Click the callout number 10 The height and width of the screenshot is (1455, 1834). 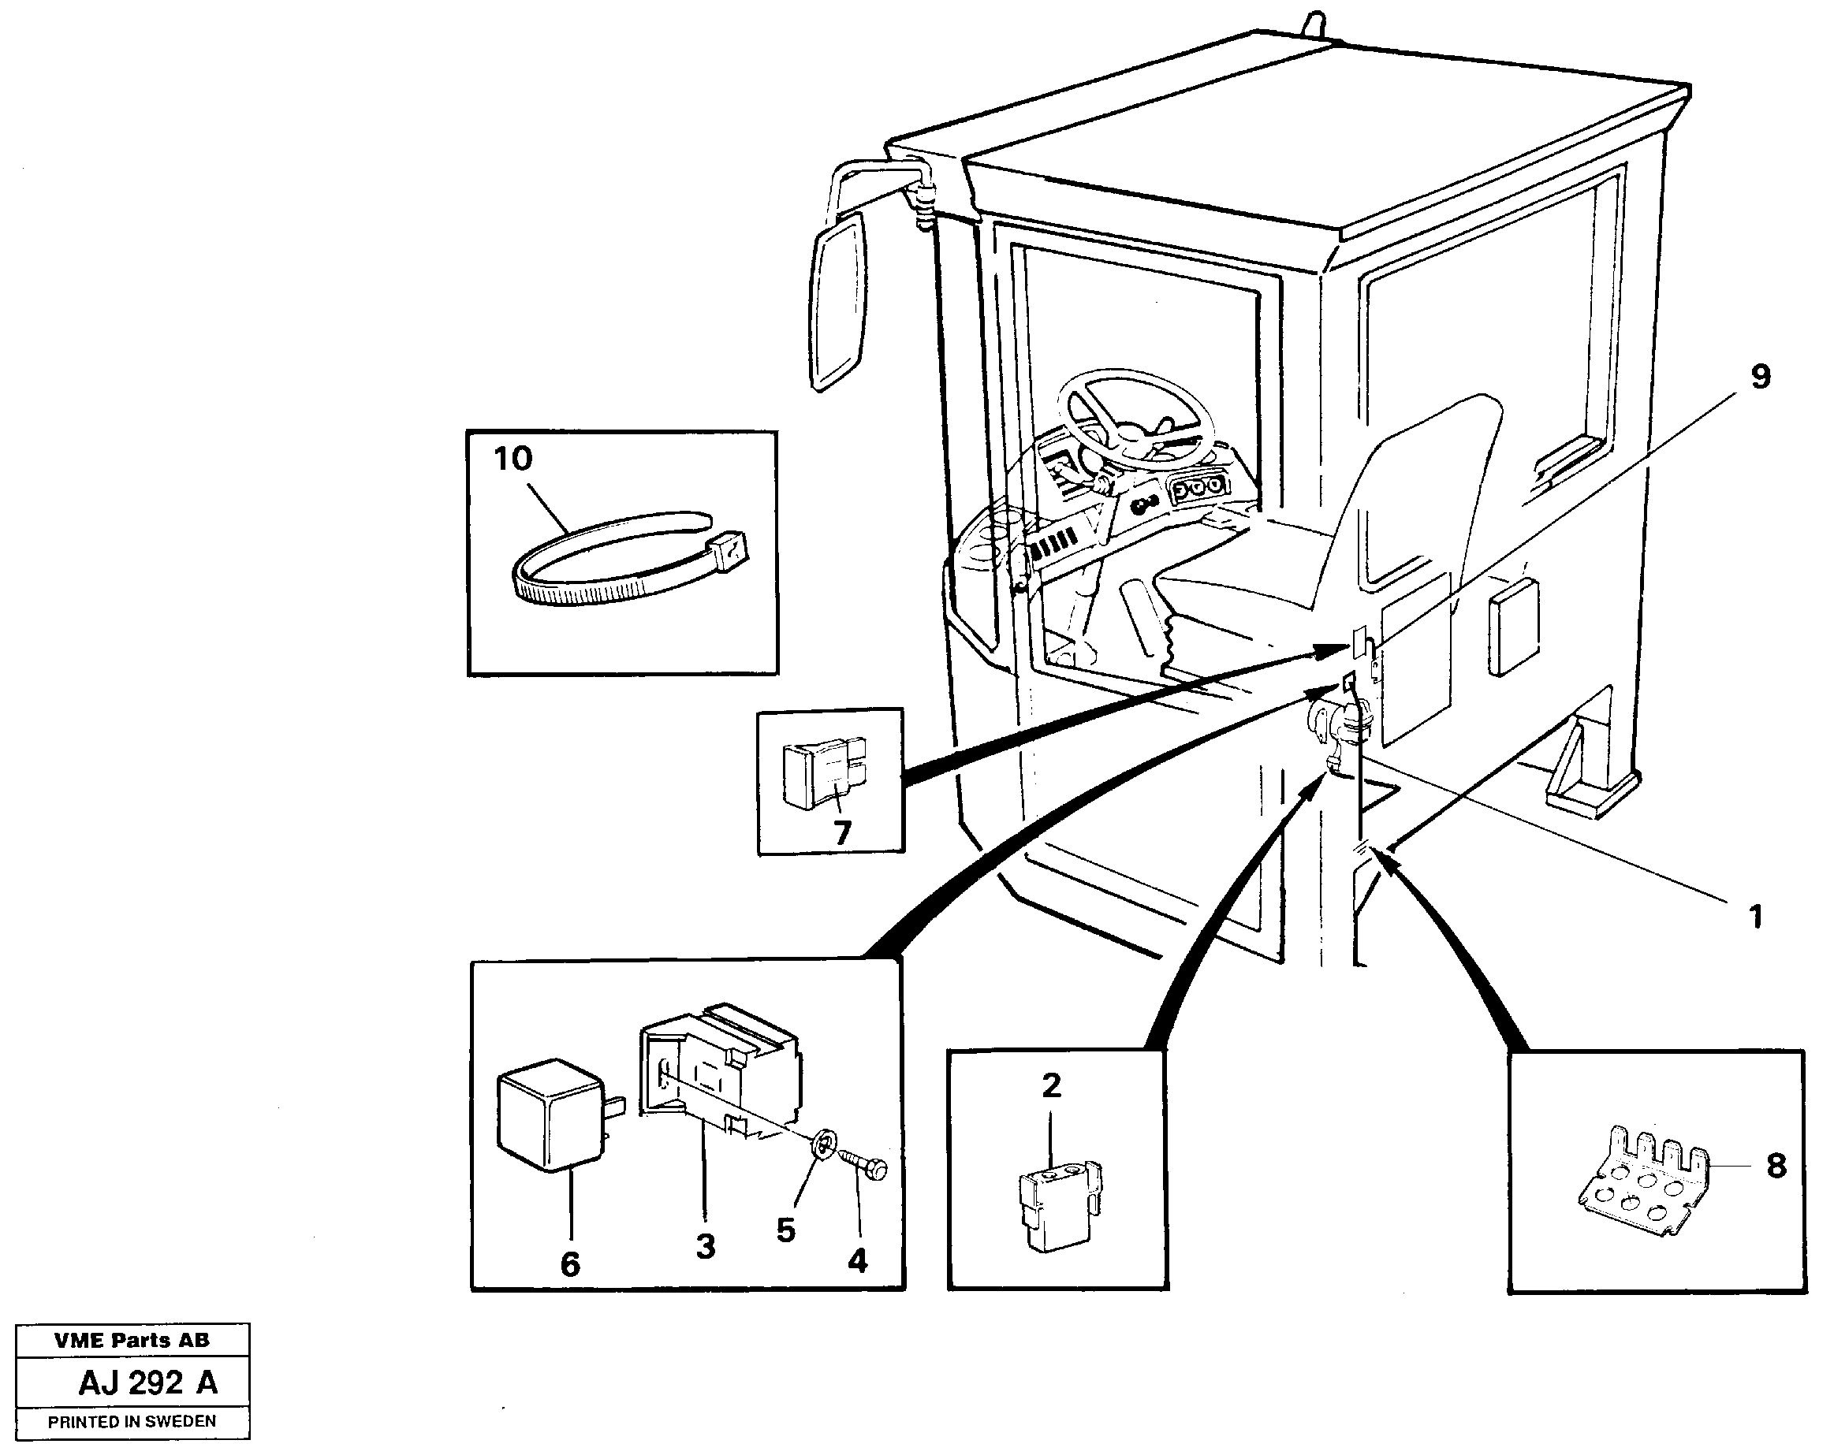513,460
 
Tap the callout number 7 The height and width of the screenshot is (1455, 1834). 841,832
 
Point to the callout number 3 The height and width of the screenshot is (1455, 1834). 705,1248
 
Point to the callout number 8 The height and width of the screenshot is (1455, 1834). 1776,1166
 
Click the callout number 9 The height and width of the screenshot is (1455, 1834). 1760,377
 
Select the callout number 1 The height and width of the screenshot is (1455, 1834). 1755,917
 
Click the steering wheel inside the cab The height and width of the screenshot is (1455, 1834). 1135,416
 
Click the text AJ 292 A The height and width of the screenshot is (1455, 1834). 148,1383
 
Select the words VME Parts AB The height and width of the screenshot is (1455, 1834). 132,1341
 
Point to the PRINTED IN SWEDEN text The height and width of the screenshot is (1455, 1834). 132,1422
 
